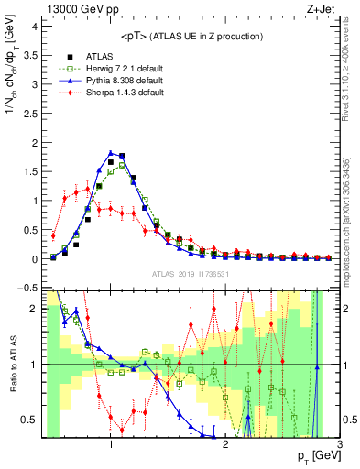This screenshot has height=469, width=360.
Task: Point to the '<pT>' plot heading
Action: (190, 36)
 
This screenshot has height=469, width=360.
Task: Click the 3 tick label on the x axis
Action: (339, 444)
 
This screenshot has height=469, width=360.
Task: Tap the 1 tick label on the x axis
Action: (111, 444)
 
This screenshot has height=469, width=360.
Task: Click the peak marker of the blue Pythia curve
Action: (111, 153)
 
